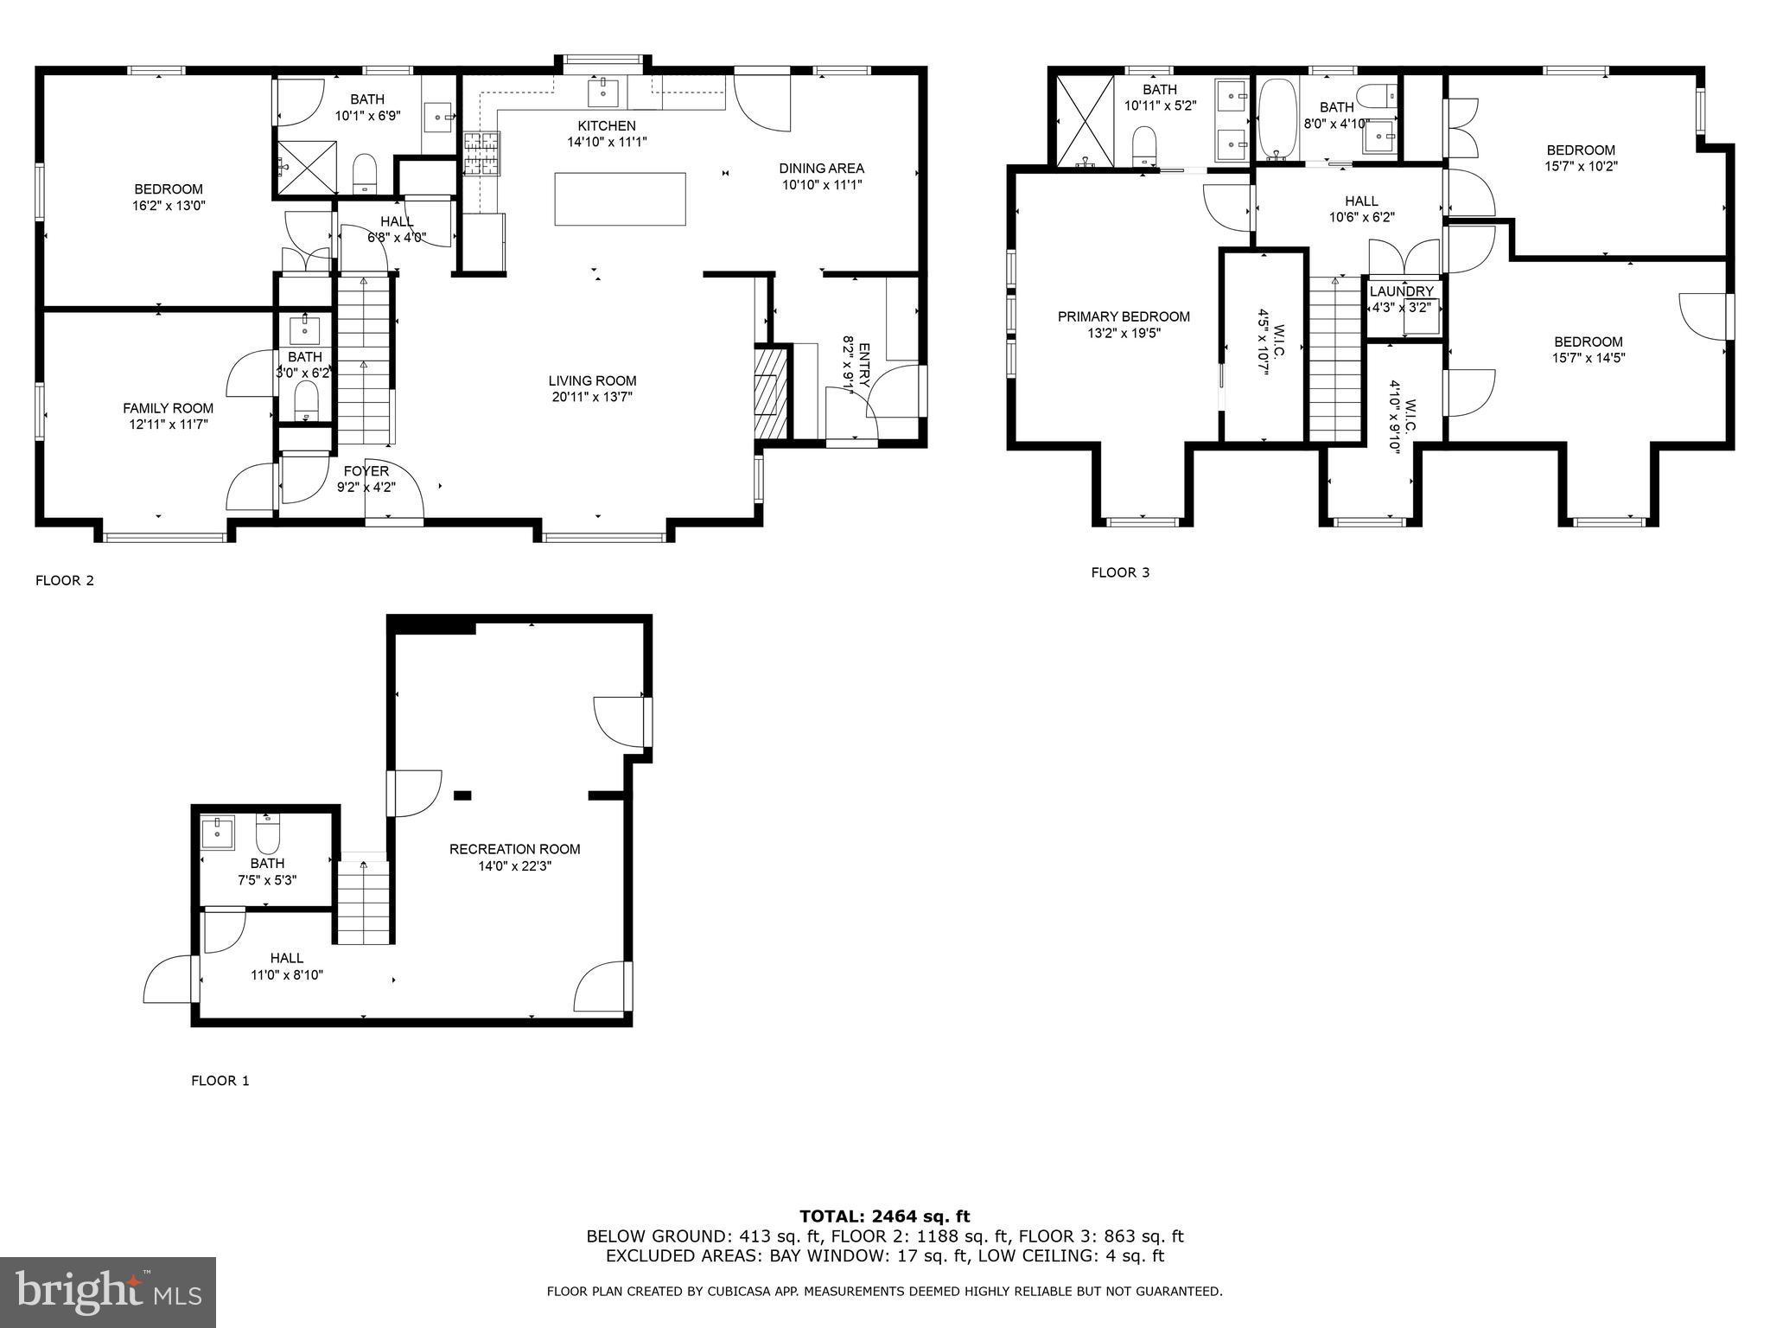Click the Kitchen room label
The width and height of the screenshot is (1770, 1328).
[x=606, y=125]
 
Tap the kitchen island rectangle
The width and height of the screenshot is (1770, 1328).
[x=620, y=199]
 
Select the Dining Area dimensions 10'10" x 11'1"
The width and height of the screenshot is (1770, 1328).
[x=821, y=184]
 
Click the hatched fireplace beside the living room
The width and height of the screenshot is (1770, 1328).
[x=771, y=393]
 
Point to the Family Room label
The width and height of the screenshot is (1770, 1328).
[x=168, y=408]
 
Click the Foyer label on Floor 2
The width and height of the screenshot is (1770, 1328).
[x=366, y=470]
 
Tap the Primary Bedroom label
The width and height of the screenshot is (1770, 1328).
[x=1124, y=316]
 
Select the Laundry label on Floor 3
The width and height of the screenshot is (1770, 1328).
[x=1401, y=291]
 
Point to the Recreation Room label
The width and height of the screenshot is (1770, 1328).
[x=514, y=849]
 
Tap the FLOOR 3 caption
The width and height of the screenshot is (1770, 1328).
[x=1120, y=572]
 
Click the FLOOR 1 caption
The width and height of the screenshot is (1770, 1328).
[x=220, y=1081]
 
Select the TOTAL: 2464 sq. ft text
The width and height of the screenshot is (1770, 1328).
[x=884, y=1216]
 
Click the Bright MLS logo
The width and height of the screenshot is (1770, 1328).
[x=108, y=1292]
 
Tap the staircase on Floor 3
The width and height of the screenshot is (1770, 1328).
[x=1335, y=359]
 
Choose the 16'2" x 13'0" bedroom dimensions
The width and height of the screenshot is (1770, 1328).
[x=169, y=206]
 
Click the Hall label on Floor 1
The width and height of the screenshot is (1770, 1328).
[x=286, y=958]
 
